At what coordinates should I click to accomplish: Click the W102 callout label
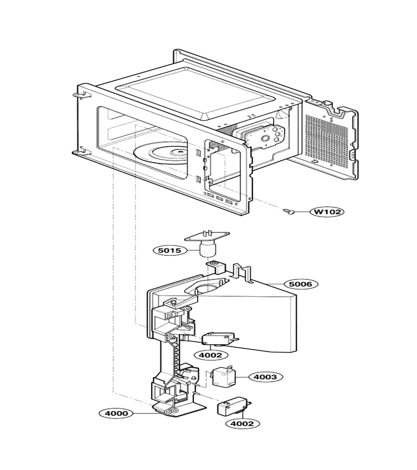pos(327,211)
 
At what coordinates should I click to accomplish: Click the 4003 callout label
pos(265,377)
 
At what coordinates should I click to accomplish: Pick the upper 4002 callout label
pos(211,355)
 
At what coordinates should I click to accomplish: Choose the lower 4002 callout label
pos(243,424)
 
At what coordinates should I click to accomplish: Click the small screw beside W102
pos(289,212)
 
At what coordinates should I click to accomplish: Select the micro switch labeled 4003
pos(224,377)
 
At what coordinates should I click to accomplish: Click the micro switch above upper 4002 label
pos(220,339)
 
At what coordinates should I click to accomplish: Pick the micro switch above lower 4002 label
pos(234,406)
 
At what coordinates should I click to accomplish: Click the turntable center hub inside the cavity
pos(180,153)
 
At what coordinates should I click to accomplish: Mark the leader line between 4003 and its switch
pos(242,377)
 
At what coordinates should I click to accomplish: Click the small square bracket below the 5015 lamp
pos(215,267)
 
